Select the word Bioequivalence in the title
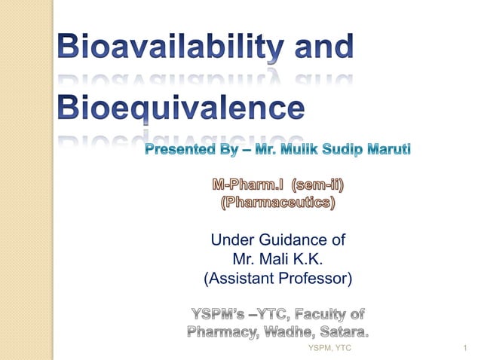[x=183, y=108]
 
